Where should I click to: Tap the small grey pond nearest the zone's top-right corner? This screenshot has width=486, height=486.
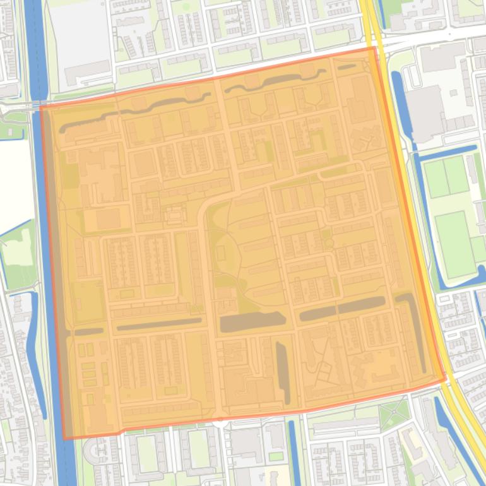(347, 66)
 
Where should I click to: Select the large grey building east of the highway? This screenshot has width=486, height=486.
(424, 114)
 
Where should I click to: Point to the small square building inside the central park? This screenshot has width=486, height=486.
(221, 253)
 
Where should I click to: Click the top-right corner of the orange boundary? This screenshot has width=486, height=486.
(376, 47)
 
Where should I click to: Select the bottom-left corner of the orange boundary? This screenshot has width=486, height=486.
(64, 438)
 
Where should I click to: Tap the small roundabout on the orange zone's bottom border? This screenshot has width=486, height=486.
(220, 417)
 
